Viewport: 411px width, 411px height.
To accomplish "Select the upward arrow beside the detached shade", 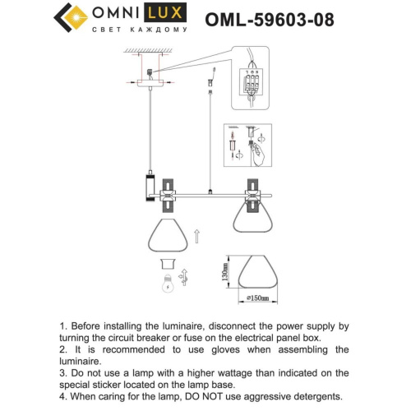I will [x=196, y=238].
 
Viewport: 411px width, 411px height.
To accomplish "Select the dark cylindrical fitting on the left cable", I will [x=150, y=187].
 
